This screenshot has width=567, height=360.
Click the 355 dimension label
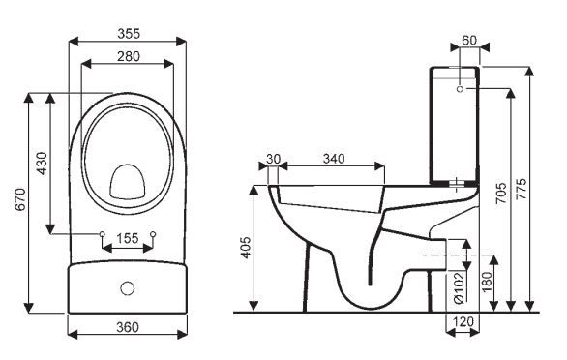pyautogui.click(x=127, y=33)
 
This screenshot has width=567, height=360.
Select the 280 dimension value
pyautogui.click(x=127, y=56)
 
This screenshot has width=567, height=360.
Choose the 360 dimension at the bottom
pyautogui.click(x=127, y=327)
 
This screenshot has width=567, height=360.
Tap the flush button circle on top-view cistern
pyautogui.click(x=127, y=287)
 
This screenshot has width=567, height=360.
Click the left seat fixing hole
pyautogui.click(x=103, y=233)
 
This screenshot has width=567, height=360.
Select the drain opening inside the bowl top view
pyautogui.click(x=127, y=180)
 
